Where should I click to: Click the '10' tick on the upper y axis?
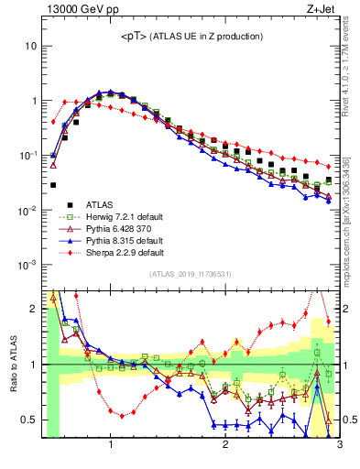[31, 46]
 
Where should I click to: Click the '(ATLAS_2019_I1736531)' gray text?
[191, 275]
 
